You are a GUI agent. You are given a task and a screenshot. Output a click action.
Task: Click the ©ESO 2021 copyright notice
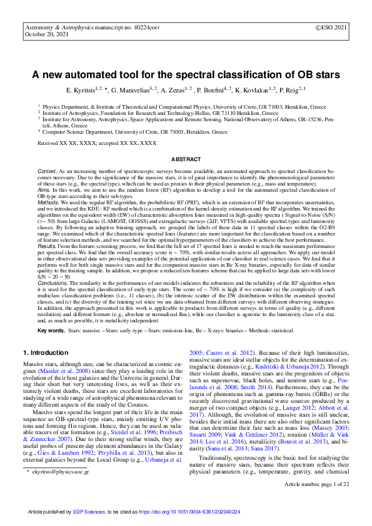click(330, 29)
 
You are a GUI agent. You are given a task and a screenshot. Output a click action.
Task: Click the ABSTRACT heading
click(186, 160)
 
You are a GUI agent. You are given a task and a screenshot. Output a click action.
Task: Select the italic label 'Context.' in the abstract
click(48, 171)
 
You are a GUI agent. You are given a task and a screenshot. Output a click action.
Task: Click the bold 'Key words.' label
click(52, 329)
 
